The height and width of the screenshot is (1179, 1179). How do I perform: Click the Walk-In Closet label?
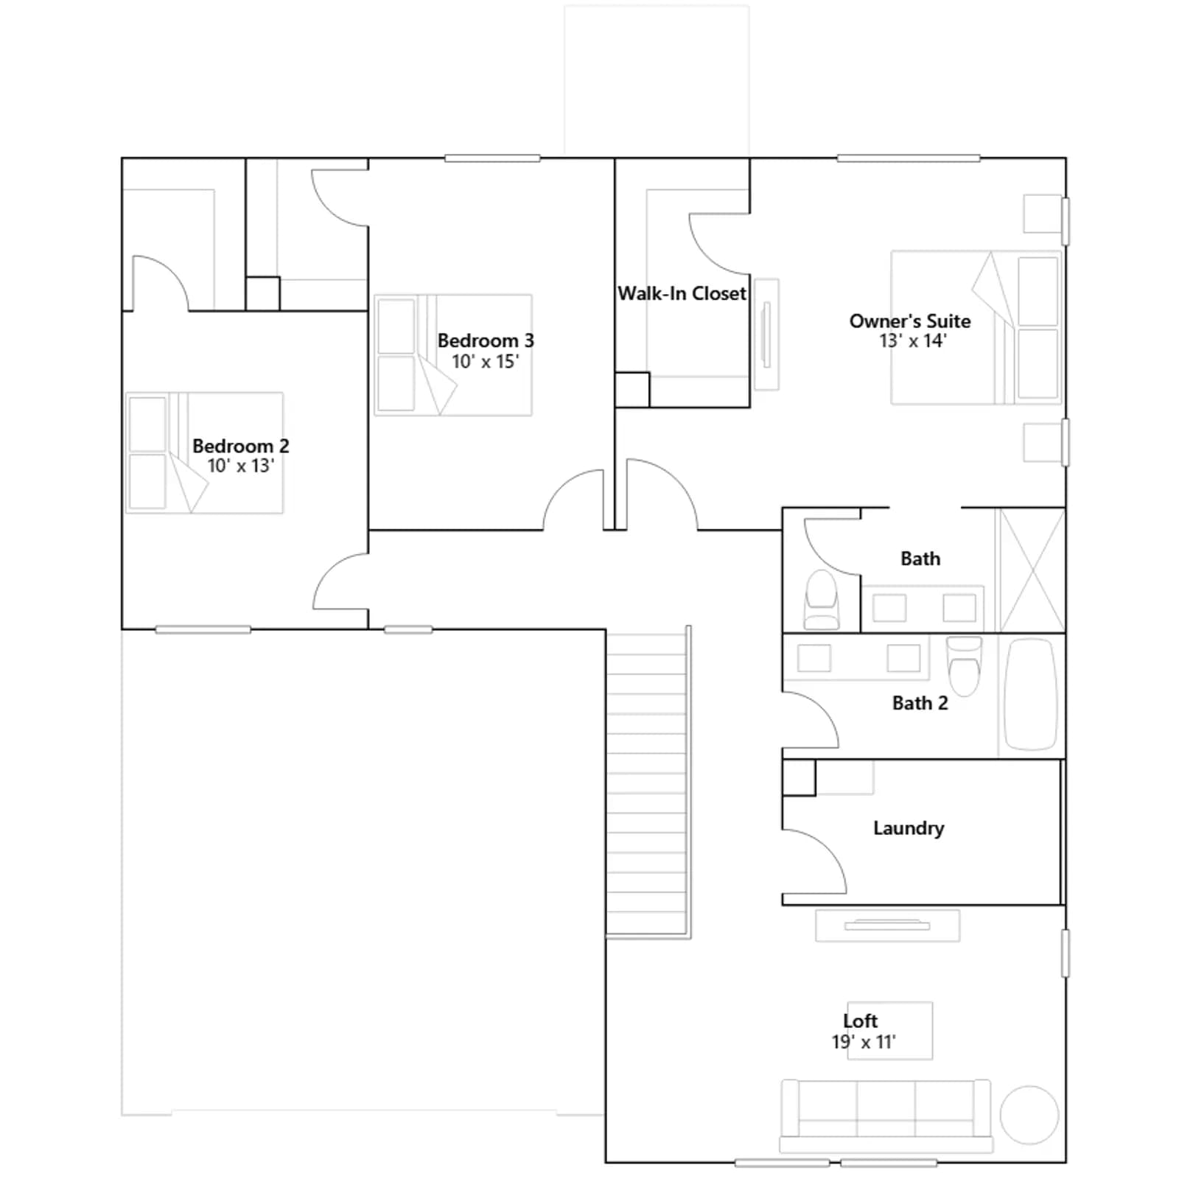click(682, 293)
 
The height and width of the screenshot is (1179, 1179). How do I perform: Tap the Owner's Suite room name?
click(909, 321)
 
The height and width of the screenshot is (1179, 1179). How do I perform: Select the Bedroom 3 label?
click(486, 340)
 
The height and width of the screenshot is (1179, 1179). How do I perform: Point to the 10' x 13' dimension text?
click(240, 466)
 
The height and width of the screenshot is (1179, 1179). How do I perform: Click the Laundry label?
click(908, 828)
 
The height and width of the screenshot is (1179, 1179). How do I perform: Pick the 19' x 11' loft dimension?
click(863, 1042)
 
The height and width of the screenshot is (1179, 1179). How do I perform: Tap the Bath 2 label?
click(920, 703)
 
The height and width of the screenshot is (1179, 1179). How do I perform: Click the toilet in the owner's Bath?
click(821, 600)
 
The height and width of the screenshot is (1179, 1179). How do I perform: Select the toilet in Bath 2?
click(964, 665)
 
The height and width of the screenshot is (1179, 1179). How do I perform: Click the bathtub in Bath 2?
click(1030, 694)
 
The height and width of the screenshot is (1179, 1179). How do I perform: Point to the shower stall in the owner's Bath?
click(1032, 570)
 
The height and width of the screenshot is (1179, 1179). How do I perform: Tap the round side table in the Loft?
click(1029, 1115)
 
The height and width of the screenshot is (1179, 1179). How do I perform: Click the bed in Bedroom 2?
click(204, 452)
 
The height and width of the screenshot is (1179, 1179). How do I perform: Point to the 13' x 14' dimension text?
click(912, 341)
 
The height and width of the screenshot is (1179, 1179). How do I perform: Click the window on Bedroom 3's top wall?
click(492, 158)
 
